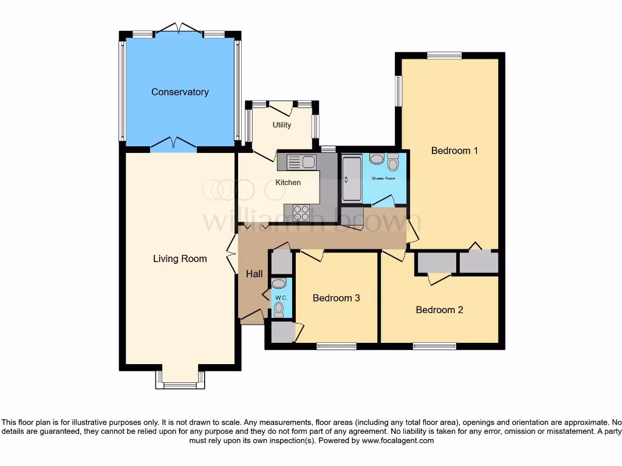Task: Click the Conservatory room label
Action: pyautogui.click(x=180, y=92)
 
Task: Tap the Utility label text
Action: pyautogui.click(x=282, y=125)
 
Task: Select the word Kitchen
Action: pyautogui.click(x=288, y=183)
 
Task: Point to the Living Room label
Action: pyautogui.click(x=180, y=259)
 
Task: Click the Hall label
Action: pyautogui.click(x=254, y=274)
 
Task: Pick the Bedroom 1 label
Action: pyautogui.click(x=454, y=150)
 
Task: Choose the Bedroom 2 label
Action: pyautogui.click(x=439, y=310)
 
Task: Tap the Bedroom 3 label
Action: pyautogui.click(x=337, y=298)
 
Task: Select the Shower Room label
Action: pyautogui.click(x=383, y=178)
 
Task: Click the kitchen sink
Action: pyautogui.click(x=301, y=162)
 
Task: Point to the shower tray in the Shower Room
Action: pyautogui.click(x=352, y=179)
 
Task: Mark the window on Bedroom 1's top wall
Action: pyautogui.click(x=444, y=56)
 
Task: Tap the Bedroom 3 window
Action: pyautogui.click(x=337, y=346)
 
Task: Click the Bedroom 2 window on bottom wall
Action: pyautogui.click(x=434, y=346)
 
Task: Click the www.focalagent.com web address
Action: pyautogui.click(x=397, y=441)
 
